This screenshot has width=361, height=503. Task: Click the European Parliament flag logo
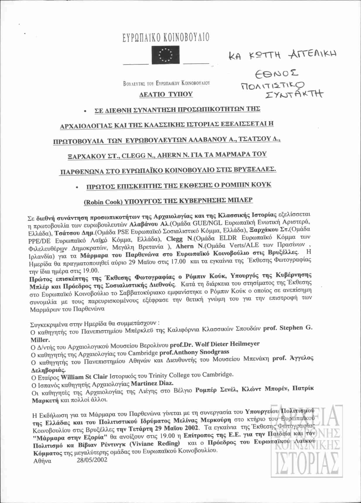[165, 55]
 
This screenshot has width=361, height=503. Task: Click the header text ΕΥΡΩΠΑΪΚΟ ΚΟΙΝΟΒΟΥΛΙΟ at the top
[166, 38]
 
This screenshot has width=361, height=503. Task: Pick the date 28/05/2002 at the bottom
[92, 460]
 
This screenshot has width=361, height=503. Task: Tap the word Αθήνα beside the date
[42, 461]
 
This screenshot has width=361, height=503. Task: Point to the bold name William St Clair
[84, 376]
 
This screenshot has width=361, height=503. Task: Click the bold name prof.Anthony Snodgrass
[194, 352]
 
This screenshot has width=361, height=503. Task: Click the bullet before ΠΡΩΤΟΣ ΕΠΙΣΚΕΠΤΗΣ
[76, 187]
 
